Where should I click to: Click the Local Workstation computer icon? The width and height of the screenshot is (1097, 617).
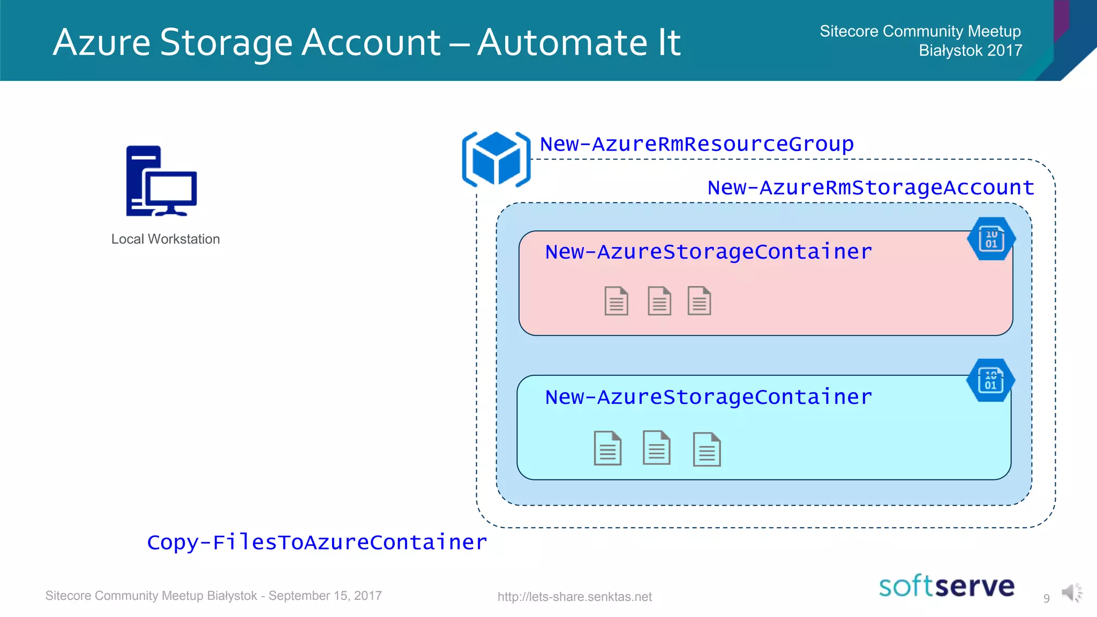[x=161, y=181]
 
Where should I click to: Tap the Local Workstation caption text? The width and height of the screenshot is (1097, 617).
[x=166, y=239]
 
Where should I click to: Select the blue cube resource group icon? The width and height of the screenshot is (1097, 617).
[x=496, y=160]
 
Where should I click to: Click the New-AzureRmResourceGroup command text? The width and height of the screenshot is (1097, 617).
[x=696, y=144]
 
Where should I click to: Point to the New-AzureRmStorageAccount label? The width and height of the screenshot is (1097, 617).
[x=870, y=187]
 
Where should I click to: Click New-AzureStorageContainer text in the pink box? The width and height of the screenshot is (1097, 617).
[x=708, y=252]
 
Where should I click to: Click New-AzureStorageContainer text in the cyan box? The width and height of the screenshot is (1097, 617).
[x=708, y=397]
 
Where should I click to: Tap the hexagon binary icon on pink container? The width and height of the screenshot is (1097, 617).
[x=991, y=239]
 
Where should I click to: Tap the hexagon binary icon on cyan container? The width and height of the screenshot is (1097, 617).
[x=990, y=380]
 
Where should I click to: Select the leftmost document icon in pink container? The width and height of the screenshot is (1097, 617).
[x=616, y=301]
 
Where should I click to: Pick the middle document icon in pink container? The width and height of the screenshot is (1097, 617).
[x=659, y=301]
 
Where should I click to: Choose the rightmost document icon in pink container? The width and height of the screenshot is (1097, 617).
[x=699, y=301]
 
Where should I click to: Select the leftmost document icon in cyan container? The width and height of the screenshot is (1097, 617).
[x=607, y=448]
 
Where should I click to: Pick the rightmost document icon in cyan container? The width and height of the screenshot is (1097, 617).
[x=707, y=449]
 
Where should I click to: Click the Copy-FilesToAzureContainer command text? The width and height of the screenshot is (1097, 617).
[x=317, y=542]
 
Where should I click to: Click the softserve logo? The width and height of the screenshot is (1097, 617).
[x=946, y=586]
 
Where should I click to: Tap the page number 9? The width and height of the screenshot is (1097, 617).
[x=1046, y=598]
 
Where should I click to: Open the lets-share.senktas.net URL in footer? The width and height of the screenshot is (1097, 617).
[x=574, y=597]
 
